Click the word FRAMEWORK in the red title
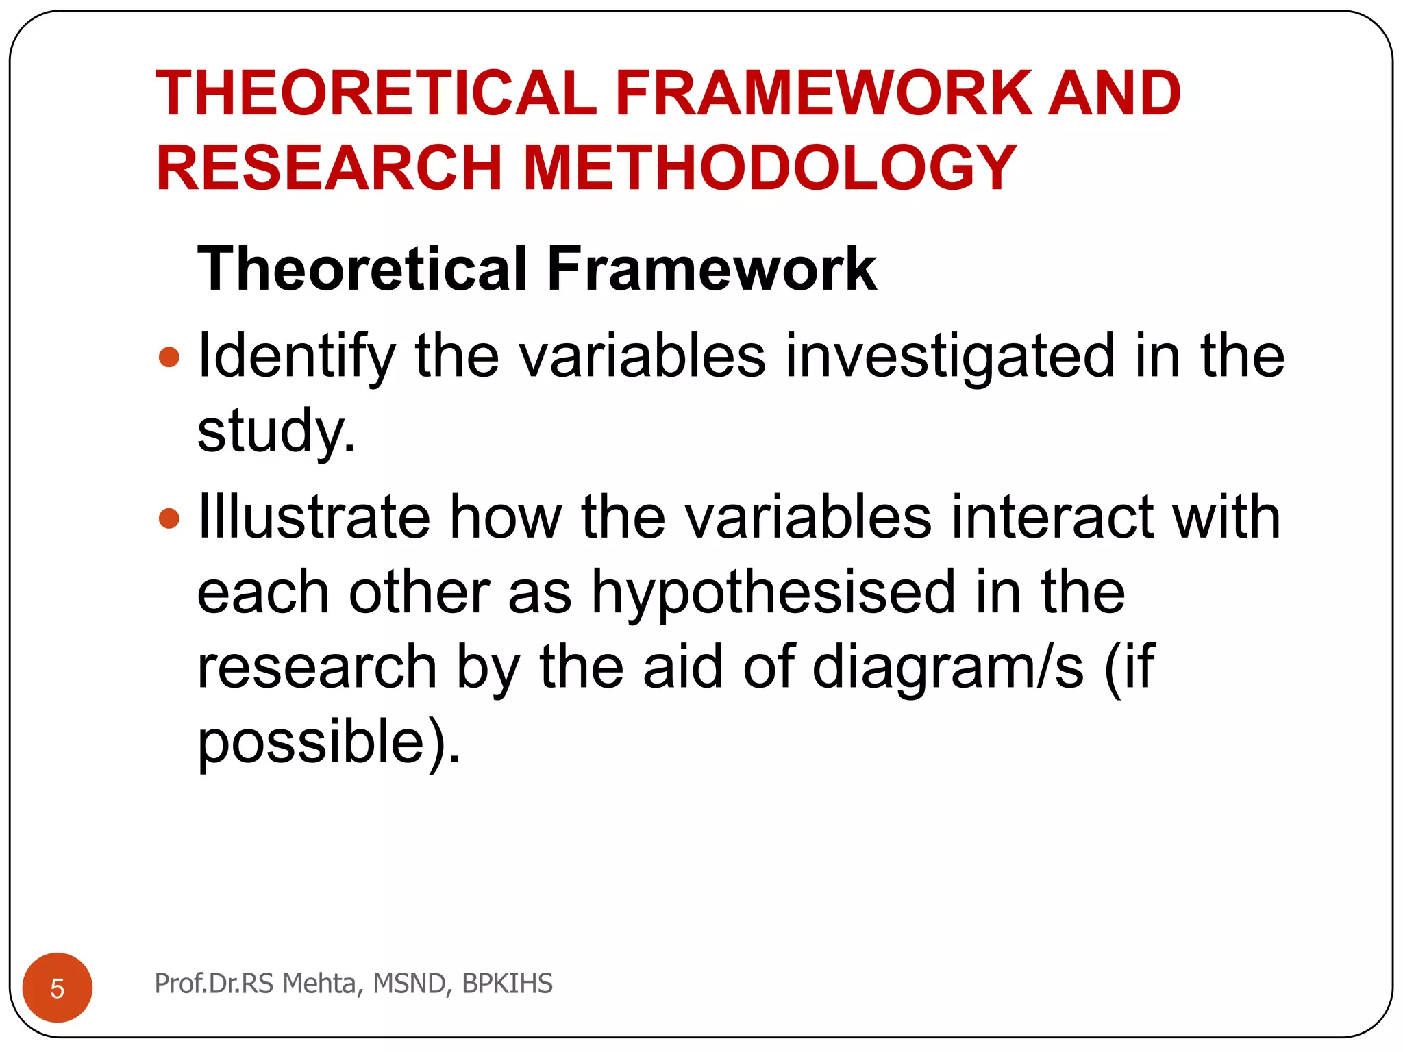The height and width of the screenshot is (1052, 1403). (x=823, y=93)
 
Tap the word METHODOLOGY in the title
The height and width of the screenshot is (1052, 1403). (x=769, y=168)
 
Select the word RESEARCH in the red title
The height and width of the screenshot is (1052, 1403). (x=330, y=168)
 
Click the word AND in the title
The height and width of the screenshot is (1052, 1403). (x=1115, y=93)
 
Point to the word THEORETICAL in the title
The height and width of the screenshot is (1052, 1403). (x=376, y=93)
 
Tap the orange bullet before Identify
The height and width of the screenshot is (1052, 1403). (x=169, y=357)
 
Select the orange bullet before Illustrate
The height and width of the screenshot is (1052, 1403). (x=169, y=518)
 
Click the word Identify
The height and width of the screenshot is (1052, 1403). (x=297, y=357)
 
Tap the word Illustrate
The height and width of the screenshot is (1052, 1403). (x=314, y=517)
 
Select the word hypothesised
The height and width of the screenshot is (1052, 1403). (x=773, y=592)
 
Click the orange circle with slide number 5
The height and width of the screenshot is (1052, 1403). (x=58, y=988)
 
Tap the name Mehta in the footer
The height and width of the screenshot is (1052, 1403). (x=319, y=984)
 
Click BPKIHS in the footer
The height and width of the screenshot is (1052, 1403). (x=507, y=984)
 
